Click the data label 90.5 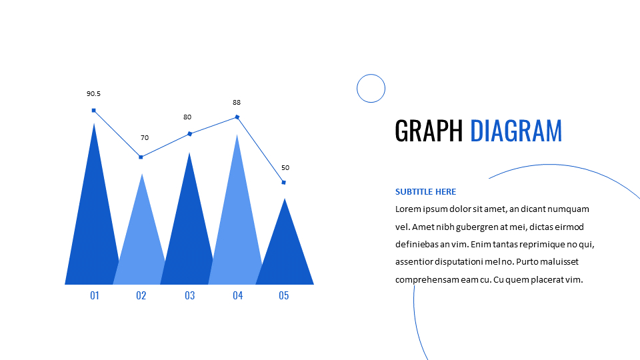[93, 94]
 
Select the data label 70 [145, 138]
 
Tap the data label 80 [187, 117]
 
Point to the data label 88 [237, 103]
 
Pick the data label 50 [285, 168]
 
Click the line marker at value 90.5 [94, 111]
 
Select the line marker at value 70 [141, 157]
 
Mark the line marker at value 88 [237, 117]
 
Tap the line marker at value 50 [284, 183]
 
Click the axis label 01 [95, 295]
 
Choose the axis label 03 [190, 295]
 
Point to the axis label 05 [284, 295]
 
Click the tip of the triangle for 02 [141, 175]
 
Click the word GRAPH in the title [428, 131]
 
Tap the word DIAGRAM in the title [516, 131]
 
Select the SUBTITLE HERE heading [425, 192]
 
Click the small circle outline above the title [371, 88]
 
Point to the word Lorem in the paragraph [408, 209]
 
